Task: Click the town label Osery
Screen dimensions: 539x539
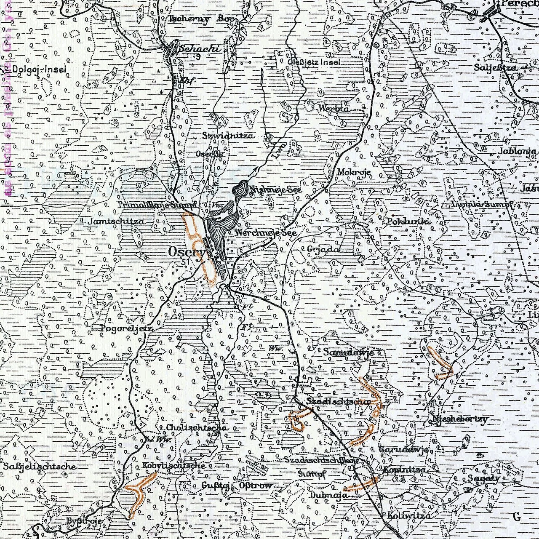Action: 186,251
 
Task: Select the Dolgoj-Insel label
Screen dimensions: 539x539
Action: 40,69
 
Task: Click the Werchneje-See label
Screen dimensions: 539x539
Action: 267,232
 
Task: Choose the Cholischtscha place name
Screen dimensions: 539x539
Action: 197,427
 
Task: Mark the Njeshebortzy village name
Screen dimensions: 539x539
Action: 459,419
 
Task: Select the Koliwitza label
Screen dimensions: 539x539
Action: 409,516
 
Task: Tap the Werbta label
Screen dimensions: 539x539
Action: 334,108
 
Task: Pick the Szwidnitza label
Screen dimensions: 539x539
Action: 228,136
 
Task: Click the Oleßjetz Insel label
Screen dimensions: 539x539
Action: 314,62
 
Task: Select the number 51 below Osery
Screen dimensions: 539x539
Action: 186,261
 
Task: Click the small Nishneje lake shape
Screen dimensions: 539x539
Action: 241,189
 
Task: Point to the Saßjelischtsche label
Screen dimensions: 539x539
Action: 40,466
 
